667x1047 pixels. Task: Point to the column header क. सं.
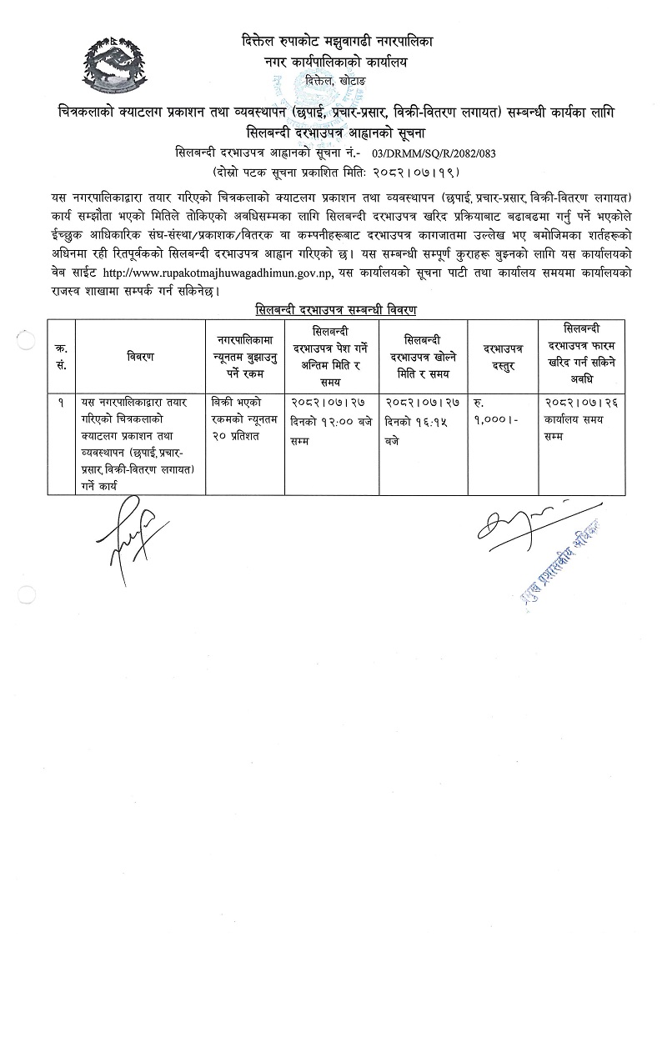click(63, 357)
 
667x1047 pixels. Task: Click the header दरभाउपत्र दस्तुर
click(502, 357)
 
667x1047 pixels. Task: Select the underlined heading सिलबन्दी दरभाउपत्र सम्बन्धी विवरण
click(336, 308)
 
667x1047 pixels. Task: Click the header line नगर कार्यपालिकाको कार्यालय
click(337, 62)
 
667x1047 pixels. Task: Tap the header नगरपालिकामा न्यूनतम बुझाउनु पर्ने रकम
click(245, 357)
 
